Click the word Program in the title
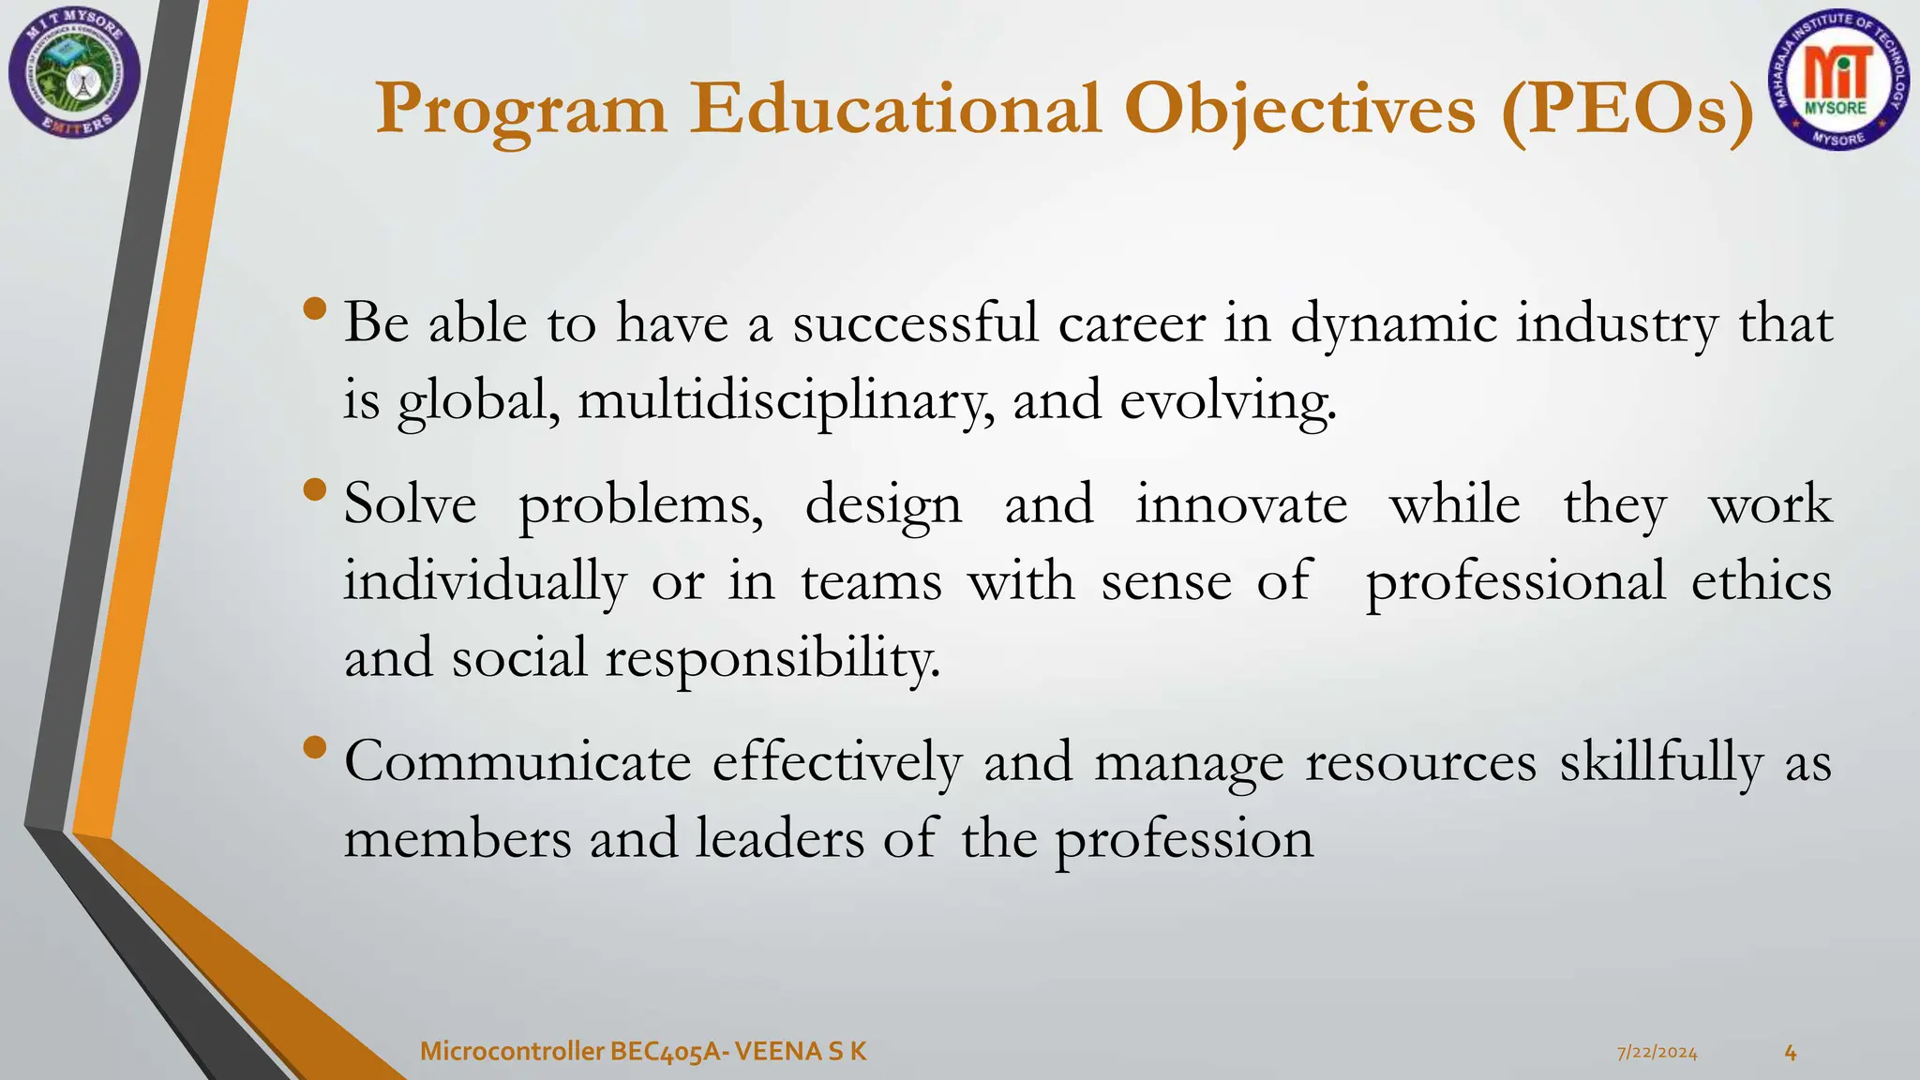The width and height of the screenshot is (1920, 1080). [x=521, y=111]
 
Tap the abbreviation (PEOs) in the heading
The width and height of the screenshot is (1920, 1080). [x=1627, y=111]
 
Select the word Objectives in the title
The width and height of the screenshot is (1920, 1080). [x=1299, y=111]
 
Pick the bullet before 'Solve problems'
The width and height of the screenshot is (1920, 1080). [x=316, y=489]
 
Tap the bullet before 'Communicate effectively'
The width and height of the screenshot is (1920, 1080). [x=316, y=747]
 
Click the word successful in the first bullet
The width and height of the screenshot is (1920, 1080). [x=915, y=323]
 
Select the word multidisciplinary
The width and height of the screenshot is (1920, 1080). [x=786, y=401]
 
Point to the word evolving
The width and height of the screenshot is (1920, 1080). [x=1227, y=401]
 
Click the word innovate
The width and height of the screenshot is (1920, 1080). [x=1241, y=504]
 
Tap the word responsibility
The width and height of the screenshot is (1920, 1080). [x=772, y=658]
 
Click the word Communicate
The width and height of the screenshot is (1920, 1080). [x=517, y=761]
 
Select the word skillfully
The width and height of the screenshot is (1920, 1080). [x=1661, y=761]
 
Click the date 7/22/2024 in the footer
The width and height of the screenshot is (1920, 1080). [x=1657, y=1053]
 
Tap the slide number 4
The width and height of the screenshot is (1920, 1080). [x=1790, y=1053]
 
